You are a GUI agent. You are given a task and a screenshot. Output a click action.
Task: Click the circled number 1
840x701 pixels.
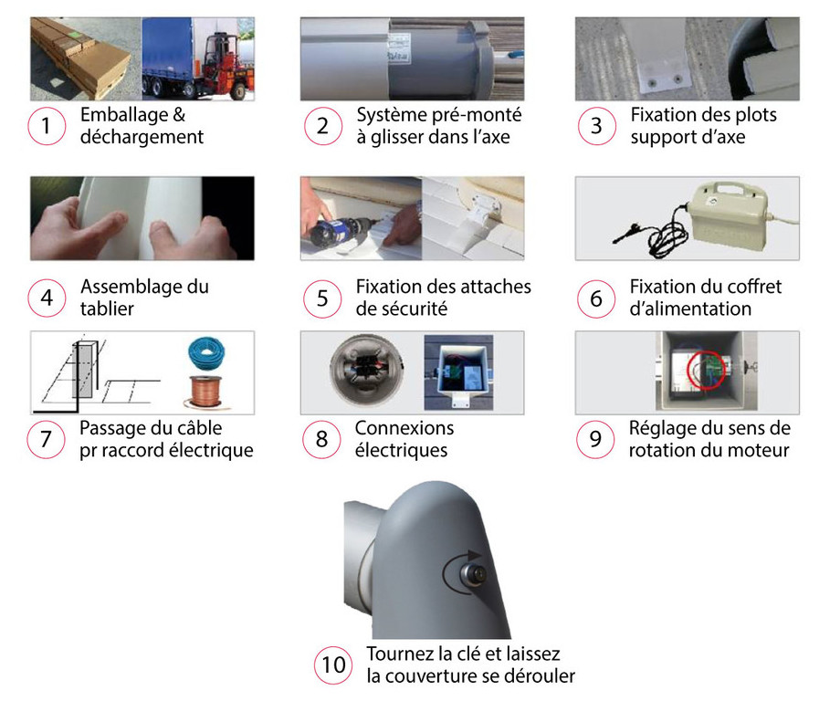(47, 126)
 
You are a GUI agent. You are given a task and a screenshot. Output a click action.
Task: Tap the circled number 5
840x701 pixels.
(322, 298)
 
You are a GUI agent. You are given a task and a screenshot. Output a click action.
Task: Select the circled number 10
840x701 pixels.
(333, 665)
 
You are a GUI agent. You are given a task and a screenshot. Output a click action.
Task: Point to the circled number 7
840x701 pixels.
(46, 439)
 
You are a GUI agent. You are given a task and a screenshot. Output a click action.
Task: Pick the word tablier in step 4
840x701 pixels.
(107, 309)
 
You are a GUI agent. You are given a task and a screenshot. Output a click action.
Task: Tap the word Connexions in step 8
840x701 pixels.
(404, 428)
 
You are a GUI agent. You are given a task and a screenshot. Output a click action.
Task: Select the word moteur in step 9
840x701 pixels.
(759, 450)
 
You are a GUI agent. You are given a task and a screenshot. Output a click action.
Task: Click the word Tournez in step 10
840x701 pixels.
(400, 654)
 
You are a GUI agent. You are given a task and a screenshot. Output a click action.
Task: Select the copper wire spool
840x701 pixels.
(206, 393)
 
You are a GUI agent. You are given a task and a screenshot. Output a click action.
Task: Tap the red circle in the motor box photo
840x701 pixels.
(707, 369)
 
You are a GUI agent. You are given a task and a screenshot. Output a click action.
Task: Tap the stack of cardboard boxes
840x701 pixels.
(80, 60)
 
